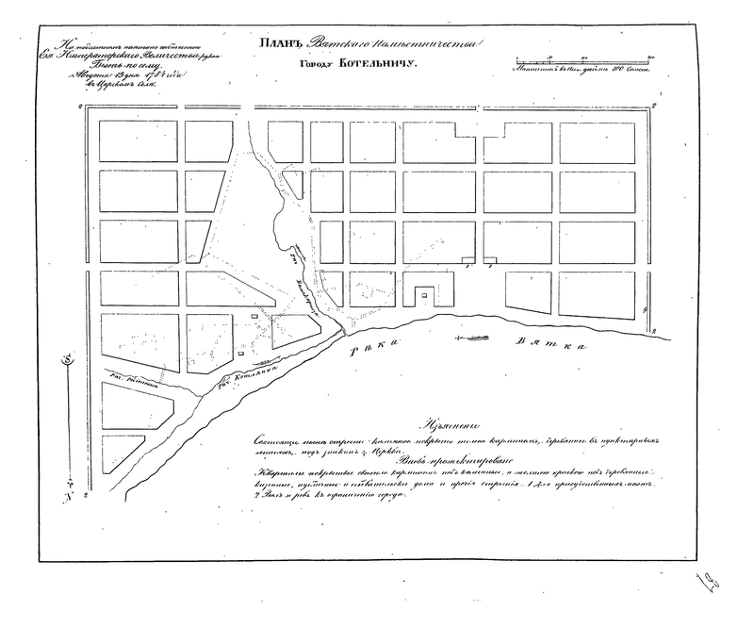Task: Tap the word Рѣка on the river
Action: (x=369, y=354)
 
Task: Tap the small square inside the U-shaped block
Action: (x=424, y=296)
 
